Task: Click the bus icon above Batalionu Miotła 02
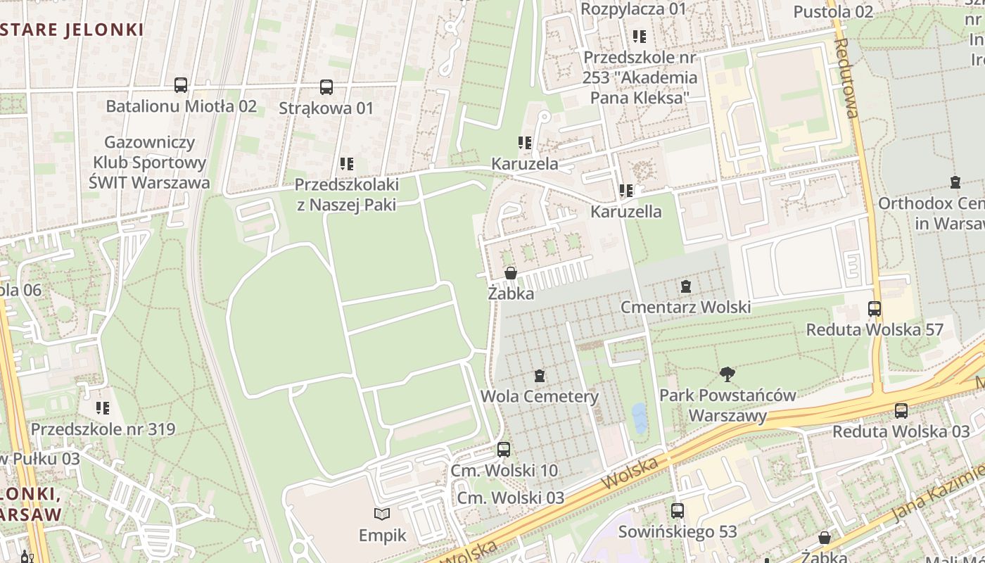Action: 181,85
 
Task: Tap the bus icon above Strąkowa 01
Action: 326,87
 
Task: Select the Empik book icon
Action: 382,514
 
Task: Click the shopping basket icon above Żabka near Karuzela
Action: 511,273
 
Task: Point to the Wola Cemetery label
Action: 539,396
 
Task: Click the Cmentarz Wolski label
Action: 685,307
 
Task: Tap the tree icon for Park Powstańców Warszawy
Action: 727,374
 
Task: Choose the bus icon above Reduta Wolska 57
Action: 875,309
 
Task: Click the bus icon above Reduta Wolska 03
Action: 901,411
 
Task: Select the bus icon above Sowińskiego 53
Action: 678,511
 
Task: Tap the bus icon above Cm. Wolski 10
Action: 504,449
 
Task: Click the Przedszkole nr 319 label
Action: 103,429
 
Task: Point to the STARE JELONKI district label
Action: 72,30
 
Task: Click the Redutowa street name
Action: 846,77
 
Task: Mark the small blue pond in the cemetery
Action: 639,418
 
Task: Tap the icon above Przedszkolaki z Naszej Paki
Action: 347,164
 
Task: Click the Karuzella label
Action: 625,211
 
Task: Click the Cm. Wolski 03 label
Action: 510,498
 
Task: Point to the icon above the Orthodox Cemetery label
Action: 955,183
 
